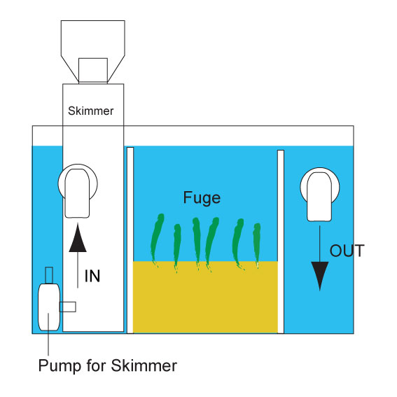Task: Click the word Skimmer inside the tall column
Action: [x=90, y=111]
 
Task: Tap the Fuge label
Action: [x=202, y=197]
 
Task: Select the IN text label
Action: [x=92, y=276]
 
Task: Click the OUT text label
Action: [x=347, y=251]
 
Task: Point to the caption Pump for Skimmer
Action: [x=108, y=366]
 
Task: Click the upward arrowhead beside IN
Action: [x=78, y=238]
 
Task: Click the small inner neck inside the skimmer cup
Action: [x=93, y=70]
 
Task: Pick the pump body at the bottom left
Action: [x=49, y=307]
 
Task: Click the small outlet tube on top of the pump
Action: [x=49, y=275]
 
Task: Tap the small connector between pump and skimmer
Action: [x=68, y=307]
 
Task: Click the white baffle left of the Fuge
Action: [x=130, y=240]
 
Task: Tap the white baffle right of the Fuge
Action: [x=281, y=242]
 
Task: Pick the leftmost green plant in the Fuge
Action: [x=157, y=240]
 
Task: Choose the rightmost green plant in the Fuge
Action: [x=257, y=245]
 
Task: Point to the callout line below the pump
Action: [x=48, y=334]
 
